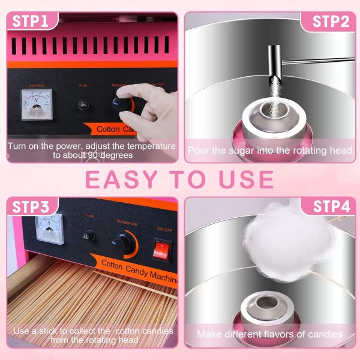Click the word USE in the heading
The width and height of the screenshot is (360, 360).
pyautogui.click(x=244, y=179)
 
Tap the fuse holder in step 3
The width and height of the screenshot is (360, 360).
pyautogui.click(x=90, y=236)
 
